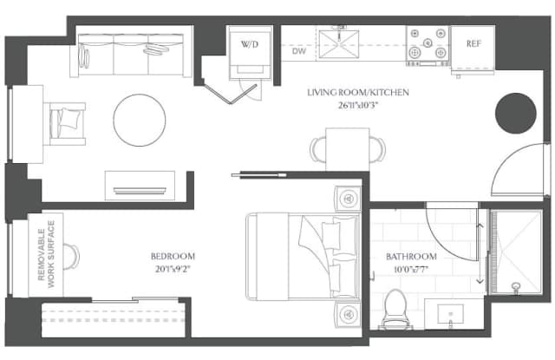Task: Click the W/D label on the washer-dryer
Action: pos(250,44)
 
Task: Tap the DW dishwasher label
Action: pos(298,51)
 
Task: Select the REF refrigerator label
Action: pos(473,43)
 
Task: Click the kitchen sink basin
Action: pos(339,44)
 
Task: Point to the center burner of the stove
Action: pos(428,43)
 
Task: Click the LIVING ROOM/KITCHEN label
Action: pos(358,93)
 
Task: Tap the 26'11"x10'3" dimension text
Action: pos(358,106)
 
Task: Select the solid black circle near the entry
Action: pos(515,114)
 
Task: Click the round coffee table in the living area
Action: pos(140,120)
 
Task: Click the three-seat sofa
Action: pos(131,55)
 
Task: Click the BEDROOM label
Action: pos(173,256)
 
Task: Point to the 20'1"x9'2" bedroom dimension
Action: pos(173,270)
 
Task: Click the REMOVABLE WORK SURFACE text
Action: pos(46,254)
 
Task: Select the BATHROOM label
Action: pos(411,257)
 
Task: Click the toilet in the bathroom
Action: pos(396,309)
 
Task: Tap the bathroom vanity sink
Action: pos(450,314)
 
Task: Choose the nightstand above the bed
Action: pos(349,199)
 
